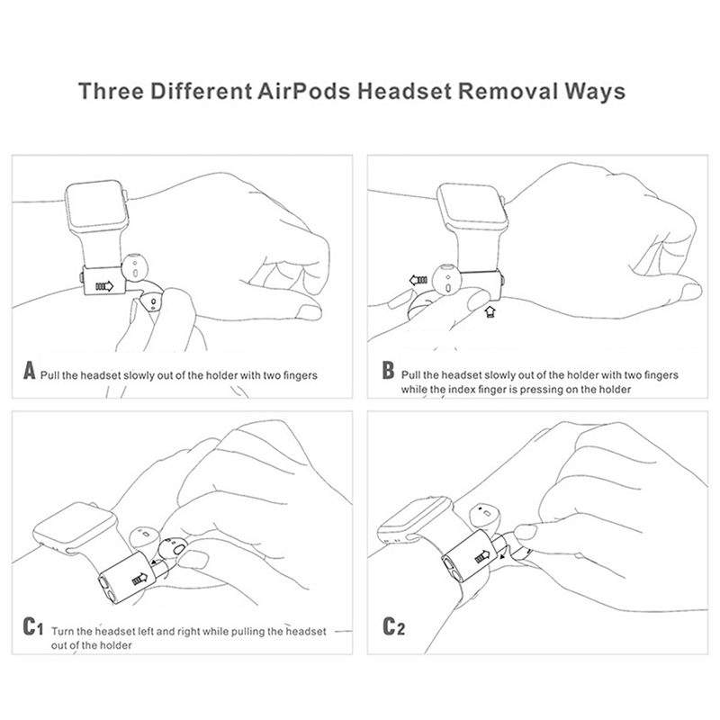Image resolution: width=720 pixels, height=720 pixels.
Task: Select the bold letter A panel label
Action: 30,370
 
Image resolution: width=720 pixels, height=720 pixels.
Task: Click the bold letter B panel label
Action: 388,372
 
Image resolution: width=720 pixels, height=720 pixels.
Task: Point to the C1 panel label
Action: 33,625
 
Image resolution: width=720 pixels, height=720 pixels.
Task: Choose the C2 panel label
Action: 392,626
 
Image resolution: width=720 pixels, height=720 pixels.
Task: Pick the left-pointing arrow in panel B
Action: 417,280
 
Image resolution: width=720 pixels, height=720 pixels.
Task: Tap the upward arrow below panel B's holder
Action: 489,312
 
